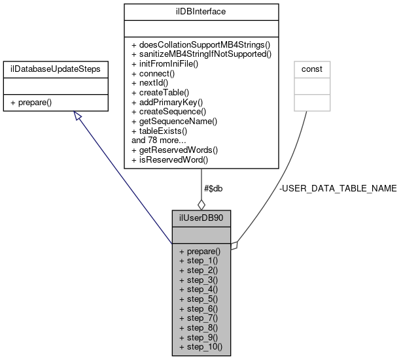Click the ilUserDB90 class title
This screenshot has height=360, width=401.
[201, 217]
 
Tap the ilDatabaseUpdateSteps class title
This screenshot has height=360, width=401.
[54, 68]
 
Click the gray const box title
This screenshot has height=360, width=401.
[311, 68]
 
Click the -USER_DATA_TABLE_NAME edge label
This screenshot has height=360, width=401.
[338, 188]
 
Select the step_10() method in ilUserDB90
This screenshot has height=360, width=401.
[201, 346]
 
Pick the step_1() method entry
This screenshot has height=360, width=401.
[199, 261]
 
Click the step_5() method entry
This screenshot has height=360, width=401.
[199, 299]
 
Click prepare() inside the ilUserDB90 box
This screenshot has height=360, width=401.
[200, 251]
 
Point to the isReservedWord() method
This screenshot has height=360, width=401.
[169, 159]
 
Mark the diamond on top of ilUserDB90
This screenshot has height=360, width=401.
[201, 203]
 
